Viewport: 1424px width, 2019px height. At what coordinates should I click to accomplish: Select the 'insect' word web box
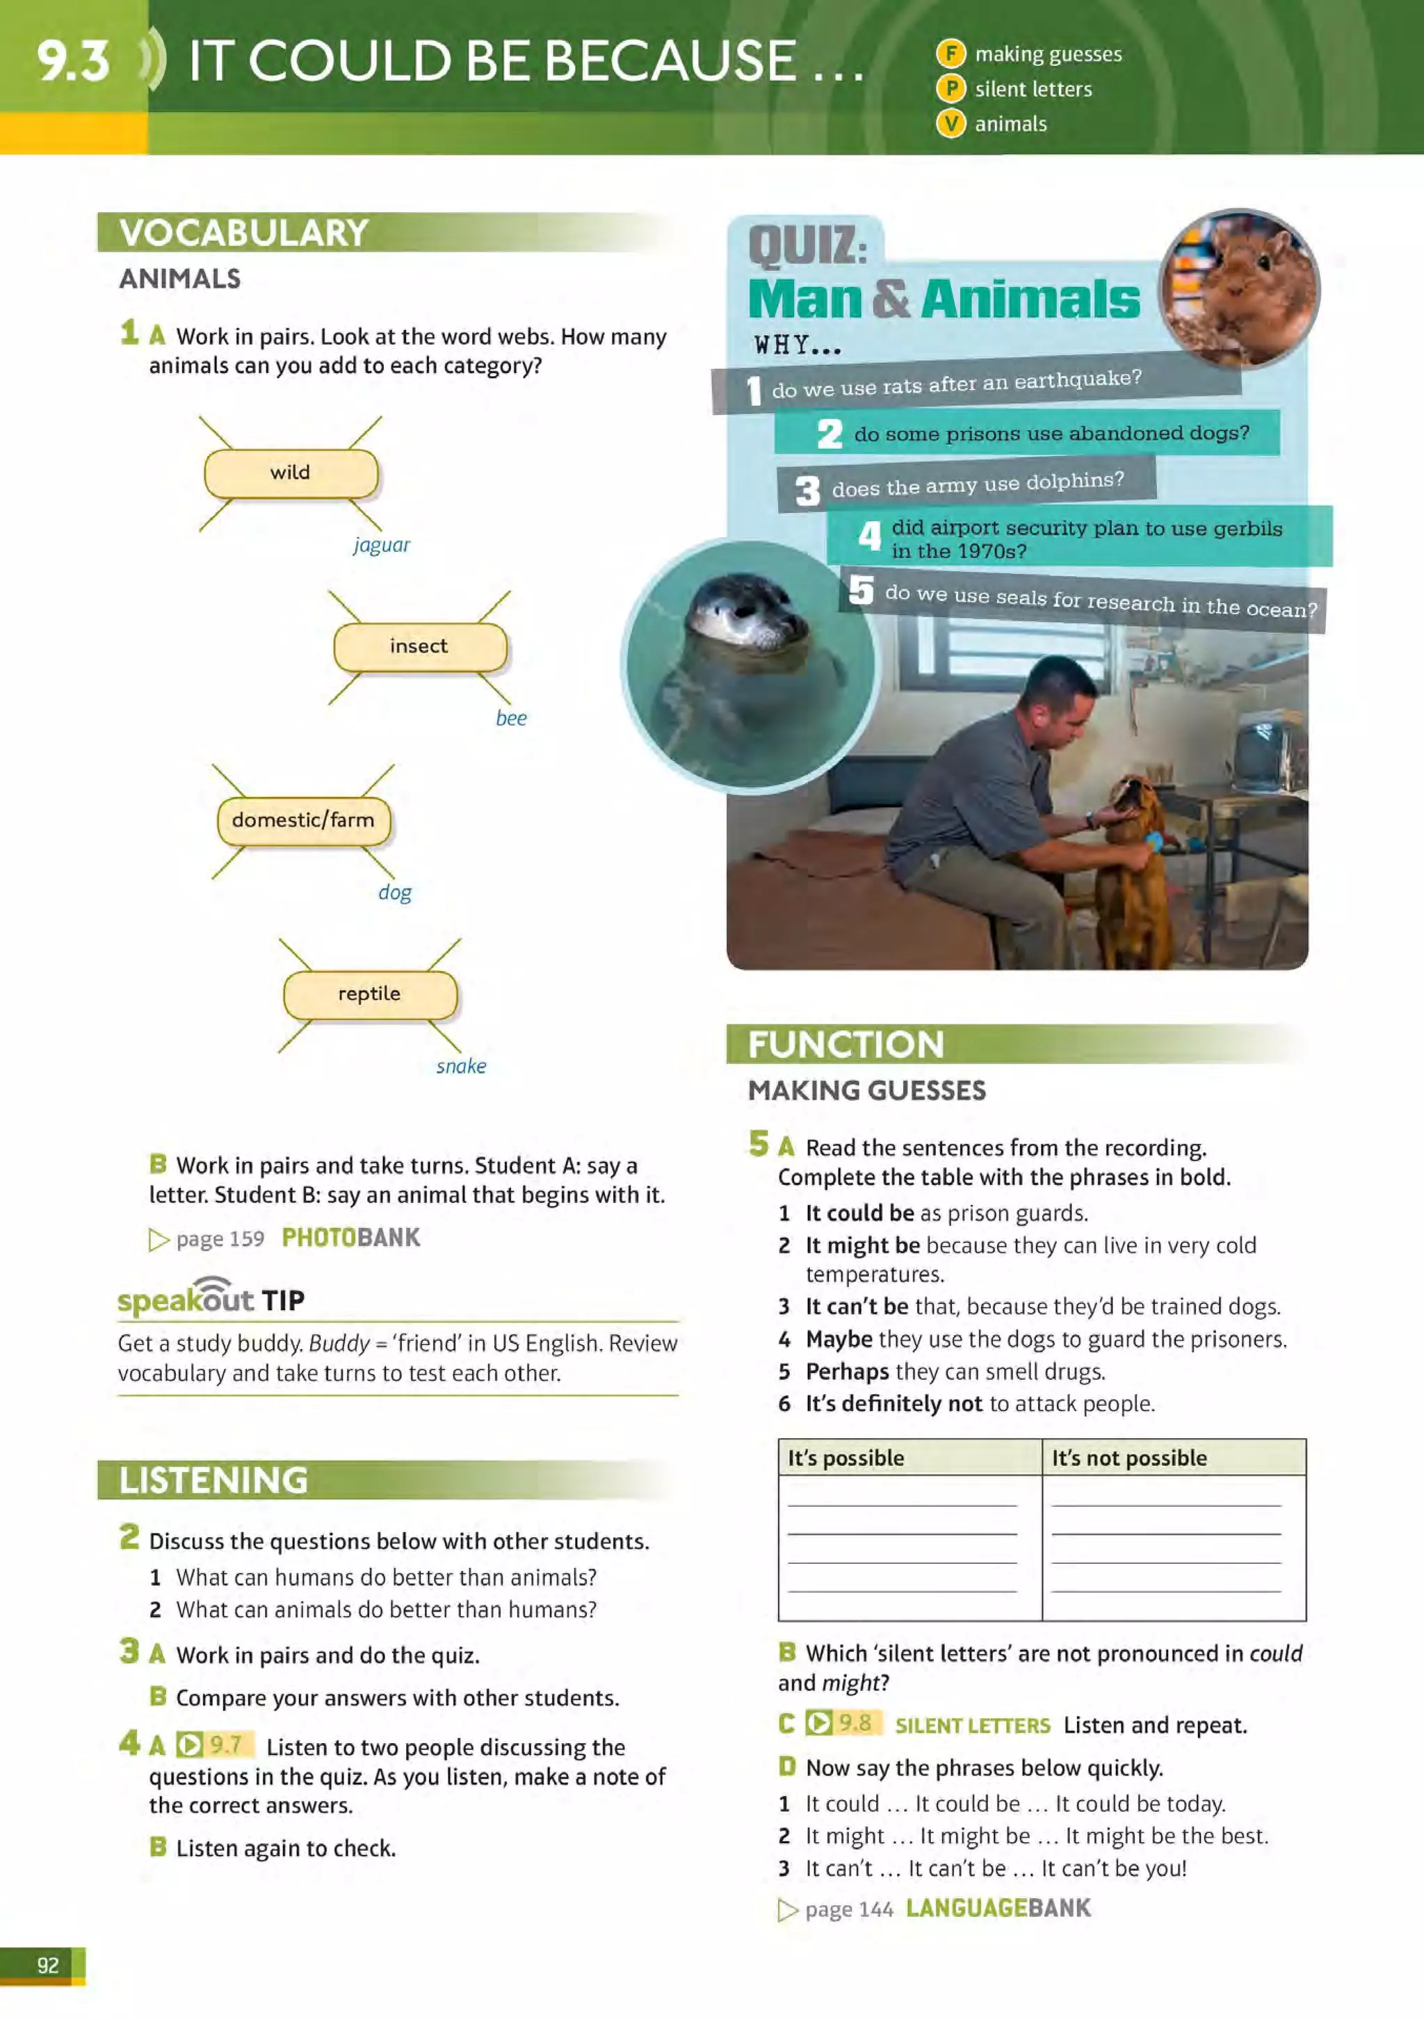click(419, 646)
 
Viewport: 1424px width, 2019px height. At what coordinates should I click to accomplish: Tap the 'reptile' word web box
click(369, 994)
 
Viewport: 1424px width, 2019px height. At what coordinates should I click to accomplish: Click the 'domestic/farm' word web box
click(303, 820)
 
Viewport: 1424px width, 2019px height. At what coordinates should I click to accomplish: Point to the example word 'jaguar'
click(382, 545)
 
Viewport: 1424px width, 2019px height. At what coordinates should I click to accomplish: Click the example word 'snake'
click(461, 1067)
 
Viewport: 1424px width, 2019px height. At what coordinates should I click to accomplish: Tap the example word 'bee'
click(511, 719)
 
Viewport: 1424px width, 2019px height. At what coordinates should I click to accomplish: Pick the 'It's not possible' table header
click(1129, 1458)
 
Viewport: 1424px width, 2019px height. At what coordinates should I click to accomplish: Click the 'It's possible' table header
click(846, 1458)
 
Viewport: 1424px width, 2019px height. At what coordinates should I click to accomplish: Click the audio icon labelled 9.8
click(818, 1723)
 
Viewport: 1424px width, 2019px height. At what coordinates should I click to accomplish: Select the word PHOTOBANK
click(351, 1238)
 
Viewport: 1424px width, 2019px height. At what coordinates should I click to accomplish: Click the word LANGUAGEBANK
click(998, 1908)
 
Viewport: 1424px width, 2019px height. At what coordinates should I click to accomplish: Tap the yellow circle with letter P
click(950, 89)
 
